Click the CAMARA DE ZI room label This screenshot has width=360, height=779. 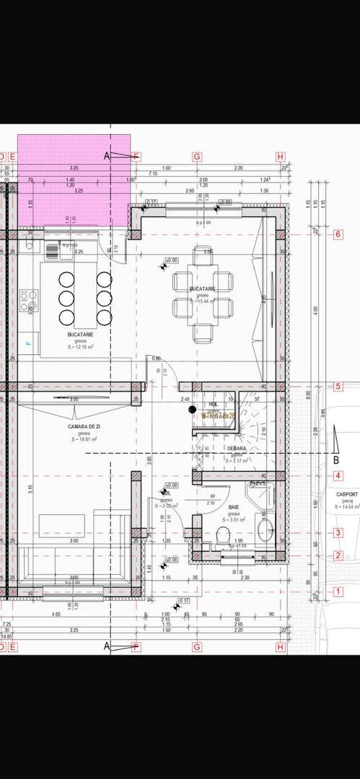click(84, 427)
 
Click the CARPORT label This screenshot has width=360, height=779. click(347, 495)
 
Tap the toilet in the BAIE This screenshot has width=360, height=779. click(223, 534)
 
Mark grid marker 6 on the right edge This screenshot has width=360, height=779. click(338, 234)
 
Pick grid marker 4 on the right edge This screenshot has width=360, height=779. click(338, 476)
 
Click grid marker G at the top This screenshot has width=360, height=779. click(196, 157)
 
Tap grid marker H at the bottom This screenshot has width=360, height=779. click(281, 647)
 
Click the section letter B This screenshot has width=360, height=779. click(335, 459)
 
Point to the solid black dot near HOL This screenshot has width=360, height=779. click(192, 410)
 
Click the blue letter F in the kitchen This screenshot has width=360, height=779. click(29, 343)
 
